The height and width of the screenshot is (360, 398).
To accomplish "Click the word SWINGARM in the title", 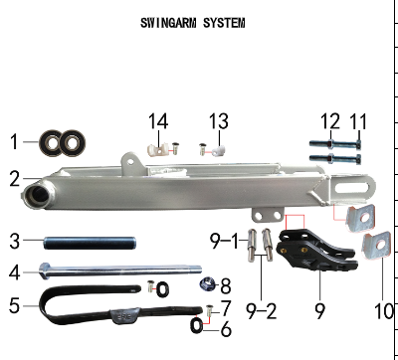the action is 168,23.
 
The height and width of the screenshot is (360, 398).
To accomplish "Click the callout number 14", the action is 158,121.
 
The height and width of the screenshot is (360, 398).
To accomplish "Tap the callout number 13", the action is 219,121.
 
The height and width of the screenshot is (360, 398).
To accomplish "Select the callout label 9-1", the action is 224,241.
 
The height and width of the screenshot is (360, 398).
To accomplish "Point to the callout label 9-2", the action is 261,311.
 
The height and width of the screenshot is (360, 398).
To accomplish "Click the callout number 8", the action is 226,285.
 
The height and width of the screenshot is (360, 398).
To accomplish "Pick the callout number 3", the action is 15,241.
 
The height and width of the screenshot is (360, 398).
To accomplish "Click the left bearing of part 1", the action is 51,143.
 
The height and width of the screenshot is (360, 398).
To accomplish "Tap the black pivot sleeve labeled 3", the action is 90,243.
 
